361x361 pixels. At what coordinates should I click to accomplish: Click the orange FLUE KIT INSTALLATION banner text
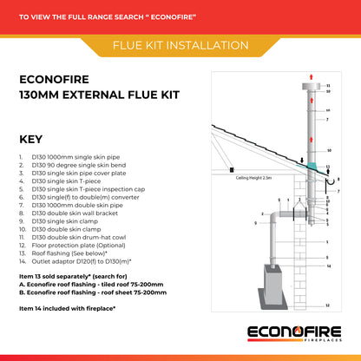coord(180,45)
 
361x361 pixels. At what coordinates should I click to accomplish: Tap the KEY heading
coord(32,138)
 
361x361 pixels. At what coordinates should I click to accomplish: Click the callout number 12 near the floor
coord(326,306)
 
